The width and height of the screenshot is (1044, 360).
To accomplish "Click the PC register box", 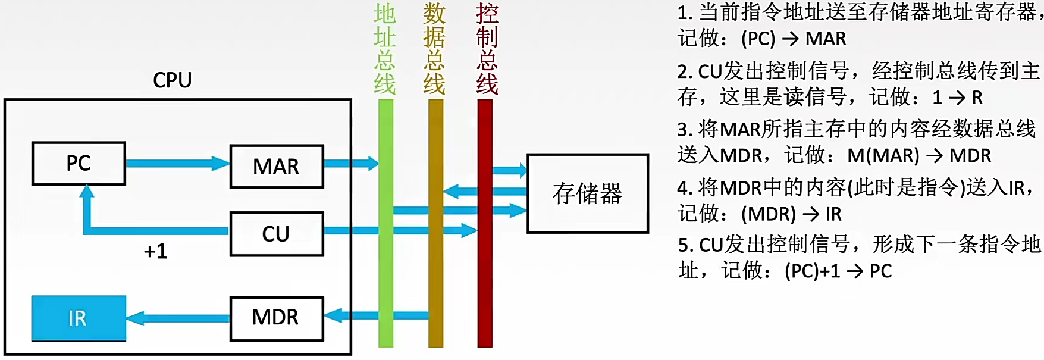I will pos(79,164).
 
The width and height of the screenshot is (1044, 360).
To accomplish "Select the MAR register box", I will pos(277,167).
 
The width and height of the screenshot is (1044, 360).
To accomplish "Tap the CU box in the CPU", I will pos(277,234).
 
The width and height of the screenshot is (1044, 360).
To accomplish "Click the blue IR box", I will pos(79,318).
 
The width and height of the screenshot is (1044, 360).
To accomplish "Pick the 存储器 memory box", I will pos(587,193).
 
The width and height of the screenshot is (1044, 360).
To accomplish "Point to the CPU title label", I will pos(173,80).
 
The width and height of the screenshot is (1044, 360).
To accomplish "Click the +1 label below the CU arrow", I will pos(156,251).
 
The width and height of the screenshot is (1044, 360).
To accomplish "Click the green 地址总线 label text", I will pos(385,49).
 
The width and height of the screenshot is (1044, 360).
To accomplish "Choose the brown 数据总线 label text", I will pos(434,49).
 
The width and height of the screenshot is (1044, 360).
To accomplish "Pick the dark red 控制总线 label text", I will pos(487,49).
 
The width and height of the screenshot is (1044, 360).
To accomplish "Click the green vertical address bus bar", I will pos(385,268).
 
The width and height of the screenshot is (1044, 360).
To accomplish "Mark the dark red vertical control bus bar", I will pos(485,286).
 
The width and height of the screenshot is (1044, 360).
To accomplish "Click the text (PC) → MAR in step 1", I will pos(794,39).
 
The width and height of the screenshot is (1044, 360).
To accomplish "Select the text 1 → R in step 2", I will pos(958,97).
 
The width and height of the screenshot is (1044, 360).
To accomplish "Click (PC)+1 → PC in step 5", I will pos(838,271).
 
